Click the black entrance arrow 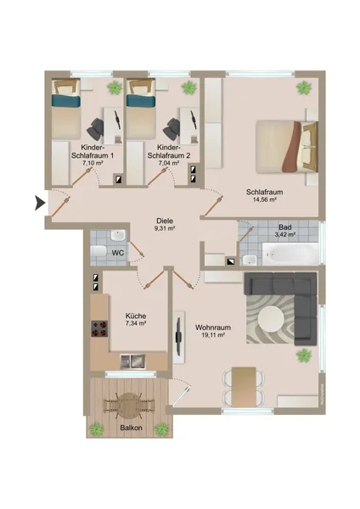(x=40, y=204)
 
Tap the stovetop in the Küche (x=99, y=328)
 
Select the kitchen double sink (x=133, y=361)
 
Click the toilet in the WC (x=98, y=251)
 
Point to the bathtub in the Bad (x=290, y=254)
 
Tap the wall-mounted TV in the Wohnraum (x=178, y=337)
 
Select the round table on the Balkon (x=129, y=405)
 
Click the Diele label (x=165, y=221)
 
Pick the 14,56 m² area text (x=264, y=200)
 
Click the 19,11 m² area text (x=213, y=335)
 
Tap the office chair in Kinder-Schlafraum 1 (x=95, y=129)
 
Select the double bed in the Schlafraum (x=287, y=147)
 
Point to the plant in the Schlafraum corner (x=303, y=87)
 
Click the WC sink (x=118, y=235)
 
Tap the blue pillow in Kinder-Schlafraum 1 (x=66, y=101)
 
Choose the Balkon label (x=132, y=428)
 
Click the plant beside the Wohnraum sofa (x=304, y=355)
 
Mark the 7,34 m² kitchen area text (x=136, y=323)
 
